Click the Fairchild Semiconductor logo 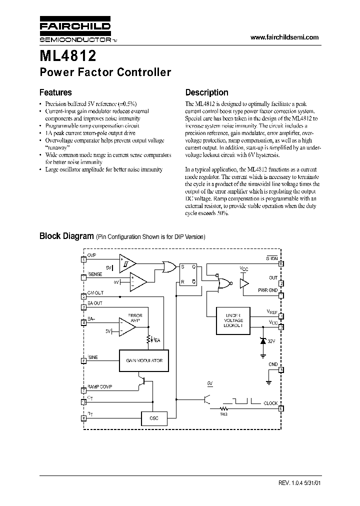[x=75, y=30]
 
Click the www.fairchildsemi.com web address [x=284, y=37]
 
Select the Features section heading [x=55, y=92]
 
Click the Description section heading [x=206, y=92]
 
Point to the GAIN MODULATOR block [x=144, y=360]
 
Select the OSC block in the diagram [x=153, y=417]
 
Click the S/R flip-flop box [x=187, y=274]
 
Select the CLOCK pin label [x=270, y=403]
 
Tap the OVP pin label [x=91, y=255]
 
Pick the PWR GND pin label [x=267, y=290]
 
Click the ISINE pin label [x=93, y=356]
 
